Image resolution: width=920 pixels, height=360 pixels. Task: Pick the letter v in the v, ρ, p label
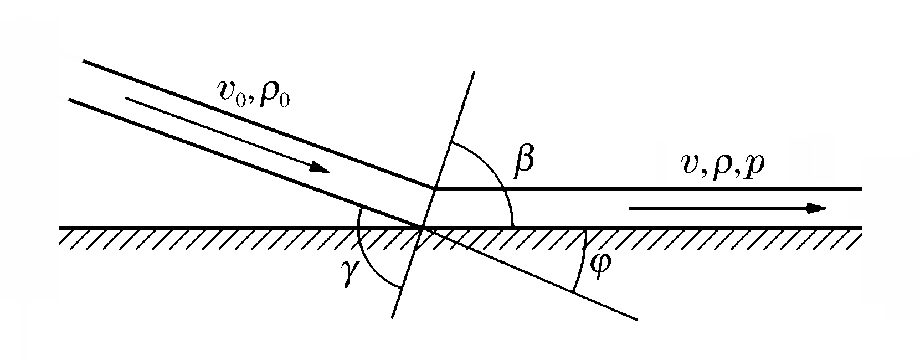point(690,164)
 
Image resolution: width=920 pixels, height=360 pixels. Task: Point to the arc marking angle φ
point(582,260)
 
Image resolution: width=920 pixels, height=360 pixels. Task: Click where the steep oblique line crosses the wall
point(422,227)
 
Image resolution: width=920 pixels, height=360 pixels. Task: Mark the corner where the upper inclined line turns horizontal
point(434,189)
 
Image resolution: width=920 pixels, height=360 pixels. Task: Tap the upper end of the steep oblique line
point(474,73)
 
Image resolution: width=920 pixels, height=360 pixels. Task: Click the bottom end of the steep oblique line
point(392,317)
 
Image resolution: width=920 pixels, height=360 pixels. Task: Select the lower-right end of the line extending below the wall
point(637,319)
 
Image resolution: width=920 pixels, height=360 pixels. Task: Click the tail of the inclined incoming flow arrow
point(126,99)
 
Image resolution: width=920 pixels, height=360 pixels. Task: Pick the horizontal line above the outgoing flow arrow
point(665,189)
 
